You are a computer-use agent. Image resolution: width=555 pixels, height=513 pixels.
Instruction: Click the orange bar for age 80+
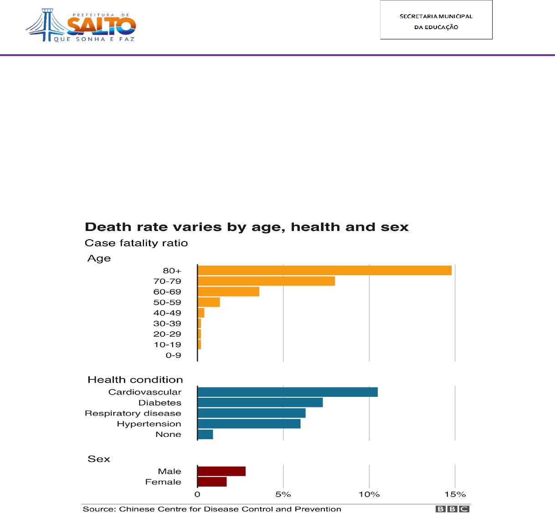coord(324,271)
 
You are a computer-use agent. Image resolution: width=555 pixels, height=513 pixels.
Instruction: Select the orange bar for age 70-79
coord(266,281)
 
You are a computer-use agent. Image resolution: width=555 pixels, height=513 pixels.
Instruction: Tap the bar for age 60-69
coord(229,292)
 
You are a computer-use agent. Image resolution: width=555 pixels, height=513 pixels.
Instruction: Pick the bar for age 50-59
coord(209,303)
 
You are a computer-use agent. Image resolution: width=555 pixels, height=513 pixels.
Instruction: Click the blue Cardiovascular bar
coord(288,392)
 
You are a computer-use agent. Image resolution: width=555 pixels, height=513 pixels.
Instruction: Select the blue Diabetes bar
coord(260,403)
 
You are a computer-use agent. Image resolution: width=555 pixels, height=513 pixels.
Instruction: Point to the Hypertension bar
coord(249,424)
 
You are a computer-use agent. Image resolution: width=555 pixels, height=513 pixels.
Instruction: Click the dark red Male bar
coord(221,472)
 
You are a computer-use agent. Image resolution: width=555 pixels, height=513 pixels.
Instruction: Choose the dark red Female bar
coord(212,482)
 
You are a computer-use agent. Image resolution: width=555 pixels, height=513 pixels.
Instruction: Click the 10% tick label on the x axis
coord(369,495)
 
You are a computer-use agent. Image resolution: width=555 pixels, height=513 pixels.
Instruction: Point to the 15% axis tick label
coord(455,495)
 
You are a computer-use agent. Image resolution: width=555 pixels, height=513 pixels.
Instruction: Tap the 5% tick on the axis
coord(283,495)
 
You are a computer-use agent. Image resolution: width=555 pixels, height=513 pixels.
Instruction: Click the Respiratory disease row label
coord(133,413)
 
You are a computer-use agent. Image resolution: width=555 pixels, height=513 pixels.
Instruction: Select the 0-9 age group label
coord(173,355)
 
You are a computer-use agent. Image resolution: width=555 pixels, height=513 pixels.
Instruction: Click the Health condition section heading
coord(135,380)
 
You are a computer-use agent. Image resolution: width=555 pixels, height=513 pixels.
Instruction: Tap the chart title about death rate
coord(247,227)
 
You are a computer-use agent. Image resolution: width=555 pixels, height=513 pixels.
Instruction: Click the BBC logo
coord(452,509)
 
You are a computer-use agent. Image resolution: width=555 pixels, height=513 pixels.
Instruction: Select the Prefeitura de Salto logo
coord(81,26)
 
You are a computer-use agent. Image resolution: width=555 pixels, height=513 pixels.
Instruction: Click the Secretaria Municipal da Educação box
coord(436,20)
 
